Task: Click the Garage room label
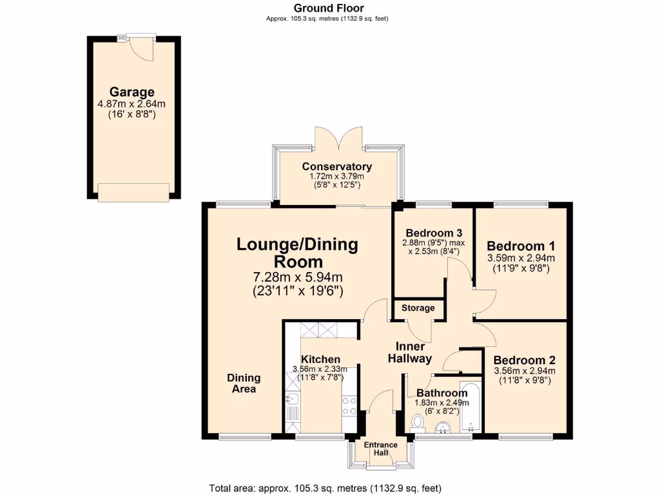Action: pyautogui.click(x=132, y=92)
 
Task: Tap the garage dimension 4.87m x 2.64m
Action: pyautogui.click(x=132, y=104)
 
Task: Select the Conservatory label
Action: pyautogui.click(x=338, y=167)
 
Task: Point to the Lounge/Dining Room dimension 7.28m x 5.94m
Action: pyautogui.click(x=297, y=278)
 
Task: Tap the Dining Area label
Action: pyautogui.click(x=244, y=383)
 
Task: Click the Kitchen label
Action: pyautogui.click(x=320, y=359)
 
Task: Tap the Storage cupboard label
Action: pyautogui.click(x=418, y=308)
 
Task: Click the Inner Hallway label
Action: pyautogui.click(x=409, y=353)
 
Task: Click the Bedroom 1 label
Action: pyautogui.click(x=521, y=246)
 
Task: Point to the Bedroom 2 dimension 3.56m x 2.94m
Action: pyautogui.click(x=524, y=371)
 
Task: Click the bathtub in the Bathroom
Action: pyautogui.click(x=471, y=407)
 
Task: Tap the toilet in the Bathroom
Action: pyautogui.click(x=418, y=422)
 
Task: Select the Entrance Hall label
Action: pyautogui.click(x=380, y=449)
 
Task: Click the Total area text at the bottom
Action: pyautogui.click(x=325, y=488)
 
